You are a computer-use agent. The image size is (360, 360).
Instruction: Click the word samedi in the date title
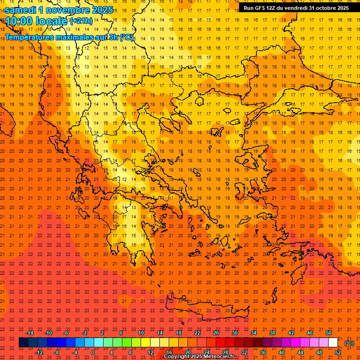pos(21,10)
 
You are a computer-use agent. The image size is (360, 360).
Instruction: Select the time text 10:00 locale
pos(37,21)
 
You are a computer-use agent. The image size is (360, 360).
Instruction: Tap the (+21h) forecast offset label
pos(81,21)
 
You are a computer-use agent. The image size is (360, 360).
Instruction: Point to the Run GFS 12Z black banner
pos(296,8)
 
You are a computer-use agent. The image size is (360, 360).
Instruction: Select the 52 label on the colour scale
pos(338,352)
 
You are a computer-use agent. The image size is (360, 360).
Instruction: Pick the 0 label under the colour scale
pos(93,352)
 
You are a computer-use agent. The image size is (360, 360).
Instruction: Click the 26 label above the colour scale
pos(216,333)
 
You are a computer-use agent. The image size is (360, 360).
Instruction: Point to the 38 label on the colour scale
pos(272,333)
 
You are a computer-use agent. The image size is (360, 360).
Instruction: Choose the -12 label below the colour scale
pos(39,352)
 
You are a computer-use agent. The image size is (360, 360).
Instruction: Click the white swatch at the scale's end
pos(333,343)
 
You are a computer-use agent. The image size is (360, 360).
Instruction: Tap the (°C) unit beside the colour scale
pos(349,343)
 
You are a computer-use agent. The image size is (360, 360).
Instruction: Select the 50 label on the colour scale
pos(329,333)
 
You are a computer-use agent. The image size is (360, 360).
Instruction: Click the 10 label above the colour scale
pos(141,333)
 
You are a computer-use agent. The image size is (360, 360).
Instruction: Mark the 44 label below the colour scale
pos(300,352)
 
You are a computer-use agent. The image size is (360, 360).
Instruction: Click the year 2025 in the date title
pos(102,10)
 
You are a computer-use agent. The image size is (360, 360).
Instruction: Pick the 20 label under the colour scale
pos(187,352)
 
